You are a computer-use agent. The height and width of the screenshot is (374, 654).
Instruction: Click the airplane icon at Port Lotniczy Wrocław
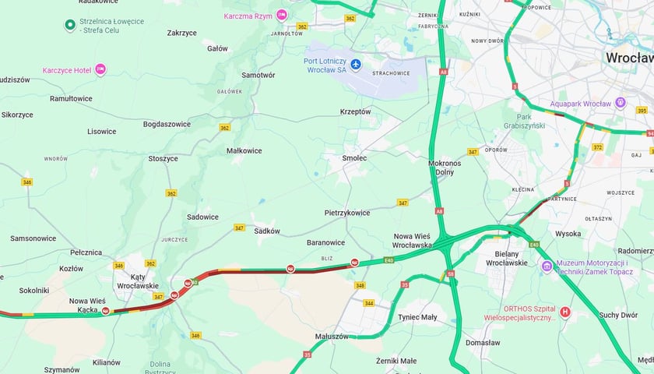click(x=356, y=63)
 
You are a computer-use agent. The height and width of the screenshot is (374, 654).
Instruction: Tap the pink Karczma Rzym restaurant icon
click(x=282, y=15)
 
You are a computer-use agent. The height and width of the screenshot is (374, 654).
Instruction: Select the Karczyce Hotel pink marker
click(x=100, y=70)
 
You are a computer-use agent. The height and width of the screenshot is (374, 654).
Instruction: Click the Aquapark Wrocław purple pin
click(x=620, y=103)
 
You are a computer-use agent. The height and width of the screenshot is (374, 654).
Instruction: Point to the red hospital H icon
click(x=565, y=312)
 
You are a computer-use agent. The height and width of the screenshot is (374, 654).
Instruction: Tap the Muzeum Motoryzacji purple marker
click(x=547, y=267)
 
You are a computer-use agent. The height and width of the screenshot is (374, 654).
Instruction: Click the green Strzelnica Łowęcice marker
click(x=70, y=26)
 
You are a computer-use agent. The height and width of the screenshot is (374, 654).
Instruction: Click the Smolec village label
click(x=354, y=157)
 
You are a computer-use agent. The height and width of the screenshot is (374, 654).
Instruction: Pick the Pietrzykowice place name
click(x=347, y=213)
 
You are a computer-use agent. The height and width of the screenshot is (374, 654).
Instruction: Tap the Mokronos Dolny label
click(x=445, y=168)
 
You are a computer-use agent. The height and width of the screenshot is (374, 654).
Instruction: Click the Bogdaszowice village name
click(x=167, y=124)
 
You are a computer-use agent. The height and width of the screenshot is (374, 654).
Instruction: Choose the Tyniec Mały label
click(x=417, y=317)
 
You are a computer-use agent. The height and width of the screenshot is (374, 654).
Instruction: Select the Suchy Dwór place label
click(x=619, y=315)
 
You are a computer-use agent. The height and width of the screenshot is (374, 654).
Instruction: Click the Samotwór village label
click(x=258, y=75)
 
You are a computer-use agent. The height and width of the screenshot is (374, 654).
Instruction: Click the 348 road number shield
click(x=360, y=285)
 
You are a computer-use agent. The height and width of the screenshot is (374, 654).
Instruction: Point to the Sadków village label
click(x=267, y=231)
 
